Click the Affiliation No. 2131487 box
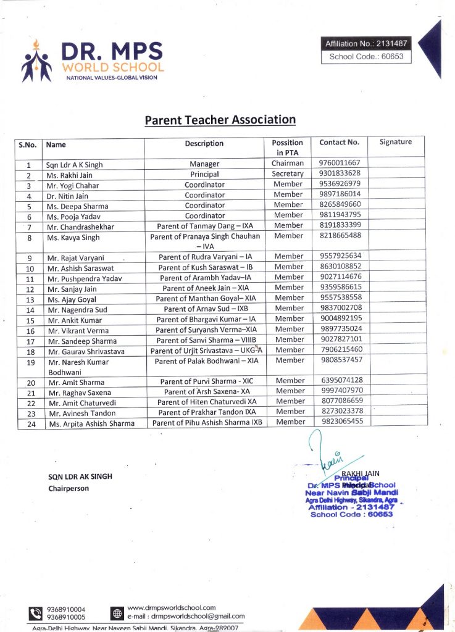pyautogui.click(x=366, y=43)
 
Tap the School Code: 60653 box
pyautogui.click(x=366, y=56)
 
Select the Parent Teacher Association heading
pyautogui.click(x=220, y=120)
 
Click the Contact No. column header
pyautogui.click(x=339, y=143)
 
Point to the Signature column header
pyautogui.click(x=396, y=142)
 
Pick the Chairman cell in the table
pyautogui.click(x=288, y=164)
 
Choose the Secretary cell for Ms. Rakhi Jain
pyautogui.click(x=288, y=174)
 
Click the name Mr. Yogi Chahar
pyautogui.click(x=73, y=185)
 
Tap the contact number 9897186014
pyautogui.click(x=340, y=194)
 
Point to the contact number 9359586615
pyautogui.click(x=340, y=287)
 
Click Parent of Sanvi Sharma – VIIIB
pyautogui.click(x=206, y=340)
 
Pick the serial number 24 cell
pyautogui.click(x=30, y=424)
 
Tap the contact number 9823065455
pyautogui.click(x=341, y=422)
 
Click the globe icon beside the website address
pyautogui.click(x=117, y=613)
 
